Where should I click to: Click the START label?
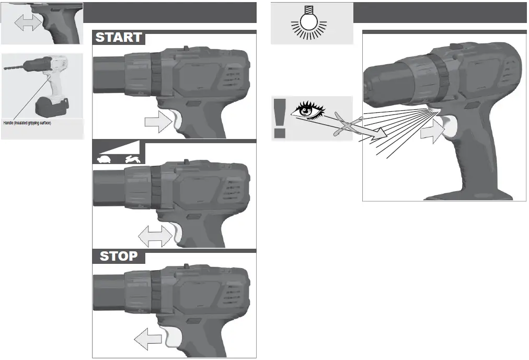[119, 38]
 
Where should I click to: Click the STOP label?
[119, 256]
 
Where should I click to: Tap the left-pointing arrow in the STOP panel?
[148, 341]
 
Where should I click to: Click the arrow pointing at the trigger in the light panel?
[432, 133]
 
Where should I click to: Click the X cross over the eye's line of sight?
[346, 125]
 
